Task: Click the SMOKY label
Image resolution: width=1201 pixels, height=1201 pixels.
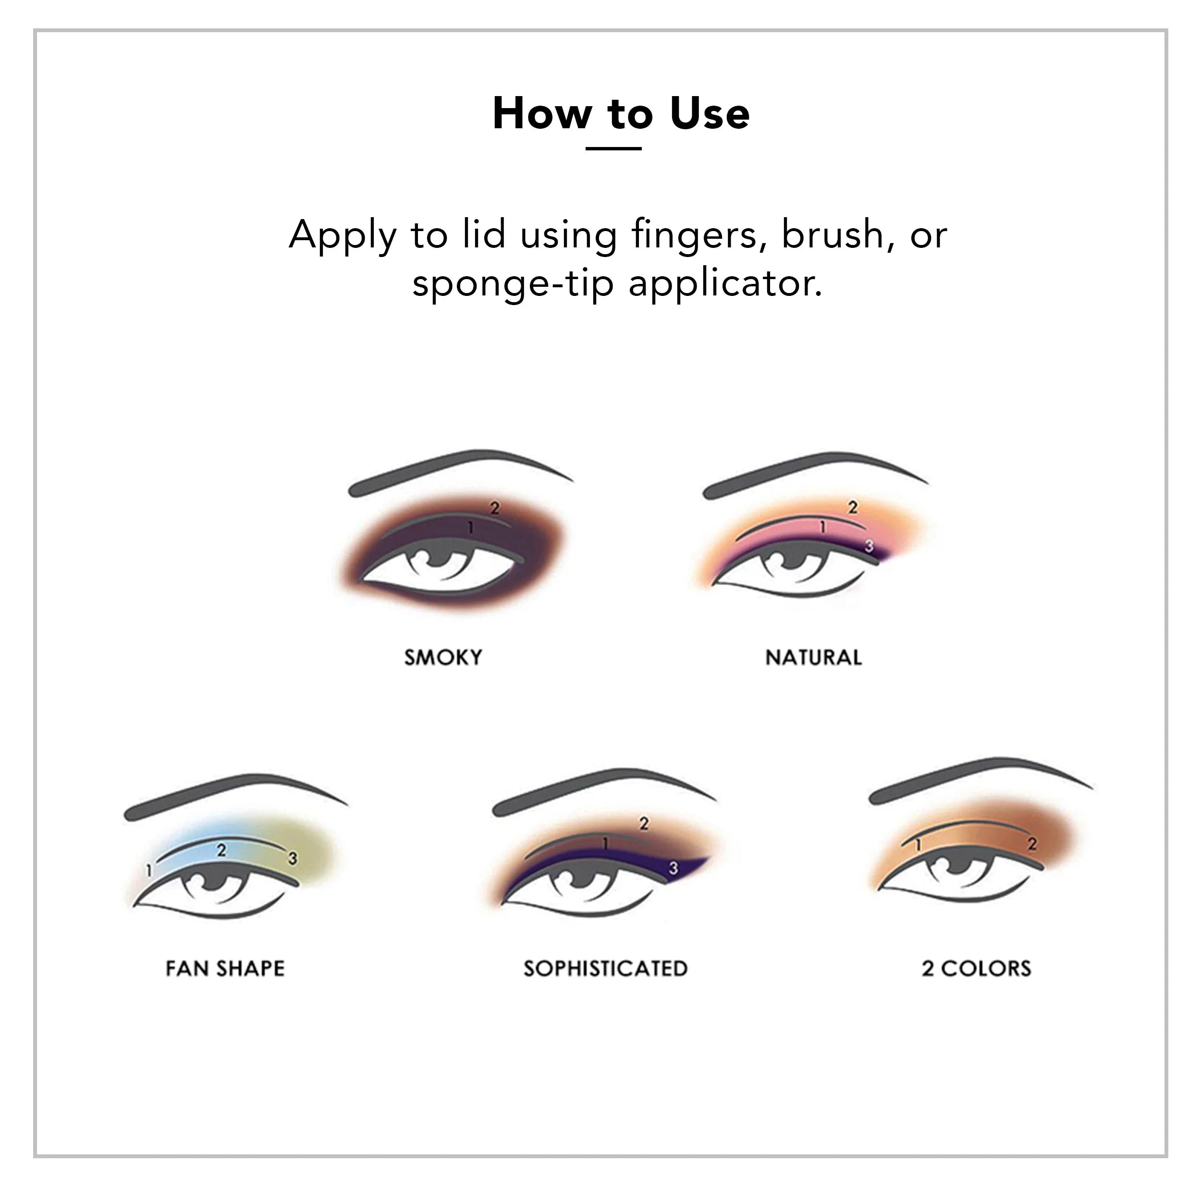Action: tap(442, 657)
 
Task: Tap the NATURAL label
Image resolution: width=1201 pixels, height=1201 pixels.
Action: tap(813, 657)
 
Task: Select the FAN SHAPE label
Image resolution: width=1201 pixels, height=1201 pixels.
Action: tap(225, 968)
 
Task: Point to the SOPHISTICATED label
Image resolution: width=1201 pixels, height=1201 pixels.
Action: tap(605, 968)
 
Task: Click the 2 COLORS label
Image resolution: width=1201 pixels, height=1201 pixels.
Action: tap(976, 968)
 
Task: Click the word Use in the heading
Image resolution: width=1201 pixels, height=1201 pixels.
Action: tap(710, 114)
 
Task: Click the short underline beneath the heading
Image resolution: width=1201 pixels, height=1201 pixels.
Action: tap(613, 148)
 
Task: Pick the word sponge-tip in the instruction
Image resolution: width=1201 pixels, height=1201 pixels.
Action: tap(513, 283)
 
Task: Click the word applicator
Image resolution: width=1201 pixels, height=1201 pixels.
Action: tap(725, 283)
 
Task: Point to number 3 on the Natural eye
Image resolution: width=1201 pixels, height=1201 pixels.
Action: tap(869, 546)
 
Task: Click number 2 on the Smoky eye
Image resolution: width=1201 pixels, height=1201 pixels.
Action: tap(495, 508)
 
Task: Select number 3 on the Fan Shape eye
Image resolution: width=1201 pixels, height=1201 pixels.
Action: tap(292, 859)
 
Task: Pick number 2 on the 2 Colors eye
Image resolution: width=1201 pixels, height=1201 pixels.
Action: tap(1032, 844)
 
